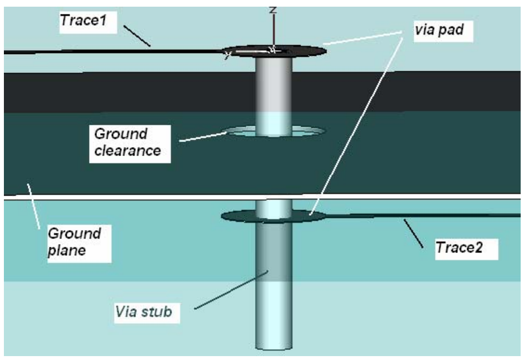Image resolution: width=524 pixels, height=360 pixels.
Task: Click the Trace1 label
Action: (83, 21)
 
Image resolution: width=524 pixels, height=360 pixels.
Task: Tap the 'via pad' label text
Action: (439, 30)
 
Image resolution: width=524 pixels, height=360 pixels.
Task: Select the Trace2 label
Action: (459, 247)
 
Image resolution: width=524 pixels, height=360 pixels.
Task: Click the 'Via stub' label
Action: (144, 312)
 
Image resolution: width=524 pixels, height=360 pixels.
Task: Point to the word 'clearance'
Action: (128, 150)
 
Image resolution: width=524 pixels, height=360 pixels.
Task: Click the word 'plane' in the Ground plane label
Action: (67, 251)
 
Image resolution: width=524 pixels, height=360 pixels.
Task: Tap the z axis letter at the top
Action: (273, 10)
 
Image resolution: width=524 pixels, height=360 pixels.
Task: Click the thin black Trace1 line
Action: (114, 52)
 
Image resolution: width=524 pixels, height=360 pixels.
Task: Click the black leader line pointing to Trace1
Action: (137, 36)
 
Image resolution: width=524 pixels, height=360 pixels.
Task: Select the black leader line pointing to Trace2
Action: (413, 233)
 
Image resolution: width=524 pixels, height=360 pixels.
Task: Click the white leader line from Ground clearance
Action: (203, 137)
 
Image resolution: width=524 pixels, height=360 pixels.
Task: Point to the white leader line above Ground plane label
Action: (33, 206)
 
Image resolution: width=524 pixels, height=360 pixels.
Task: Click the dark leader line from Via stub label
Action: (231, 290)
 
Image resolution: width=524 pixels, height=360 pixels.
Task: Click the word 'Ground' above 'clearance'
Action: (121, 134)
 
